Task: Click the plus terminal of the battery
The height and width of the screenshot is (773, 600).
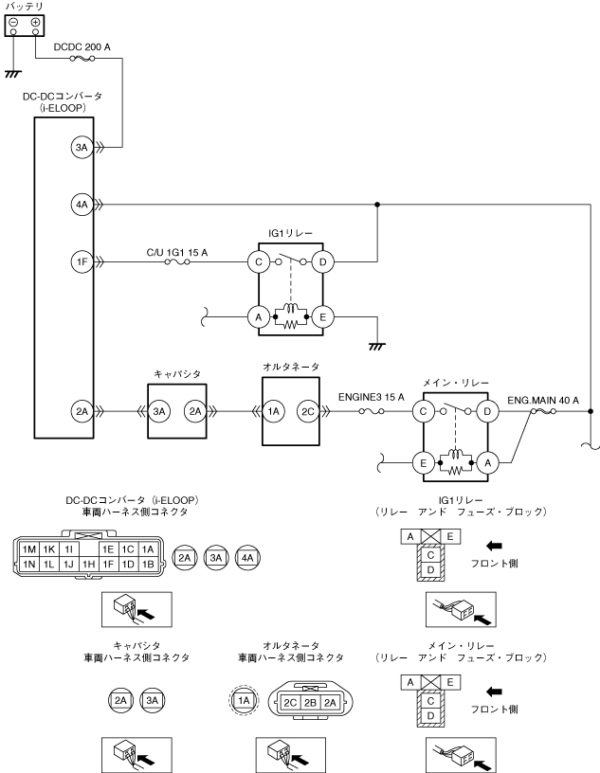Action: (35, 22)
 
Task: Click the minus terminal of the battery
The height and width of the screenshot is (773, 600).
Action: (13, 22)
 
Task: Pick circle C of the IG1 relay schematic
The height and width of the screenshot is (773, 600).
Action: (256, 261)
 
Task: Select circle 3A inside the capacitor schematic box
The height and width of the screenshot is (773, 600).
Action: (159, 410)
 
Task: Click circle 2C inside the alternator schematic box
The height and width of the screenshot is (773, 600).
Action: (307, 410)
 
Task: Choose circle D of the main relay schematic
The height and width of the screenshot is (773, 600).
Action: (486, 410)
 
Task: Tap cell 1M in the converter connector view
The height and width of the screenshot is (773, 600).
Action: (29, 549)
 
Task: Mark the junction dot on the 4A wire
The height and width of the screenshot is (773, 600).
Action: (377, 204)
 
